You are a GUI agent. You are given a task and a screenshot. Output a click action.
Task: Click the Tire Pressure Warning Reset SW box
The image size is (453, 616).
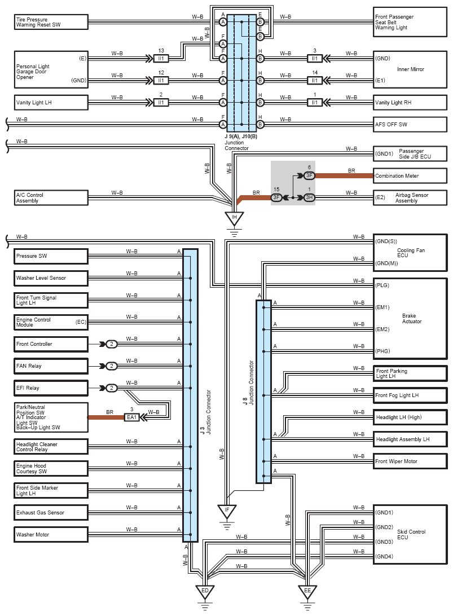click(51, 22)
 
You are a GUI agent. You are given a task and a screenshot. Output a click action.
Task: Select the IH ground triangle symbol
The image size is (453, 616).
click(234, 218)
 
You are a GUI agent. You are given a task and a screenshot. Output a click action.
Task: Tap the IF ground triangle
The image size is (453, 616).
click(227, 512)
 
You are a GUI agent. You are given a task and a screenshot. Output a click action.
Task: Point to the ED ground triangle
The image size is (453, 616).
click(205, 592)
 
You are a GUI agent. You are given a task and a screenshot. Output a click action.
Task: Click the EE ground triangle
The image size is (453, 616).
click(307, 592)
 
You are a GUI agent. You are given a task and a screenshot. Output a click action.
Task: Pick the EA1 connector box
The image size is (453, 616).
click(131, 417)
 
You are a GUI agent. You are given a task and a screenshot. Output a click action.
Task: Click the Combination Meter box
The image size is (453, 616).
click(410, 175)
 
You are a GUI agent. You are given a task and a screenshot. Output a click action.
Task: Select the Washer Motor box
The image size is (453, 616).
click(51, 535)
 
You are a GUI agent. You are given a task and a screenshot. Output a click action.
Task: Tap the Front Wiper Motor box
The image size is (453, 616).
click(410, 461)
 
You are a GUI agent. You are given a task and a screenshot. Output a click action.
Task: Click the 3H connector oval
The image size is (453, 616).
click(309, 197)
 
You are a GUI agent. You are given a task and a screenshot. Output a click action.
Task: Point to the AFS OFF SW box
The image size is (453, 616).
click(410, 125)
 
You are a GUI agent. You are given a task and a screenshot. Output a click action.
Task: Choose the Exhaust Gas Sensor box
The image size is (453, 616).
click(51, 513)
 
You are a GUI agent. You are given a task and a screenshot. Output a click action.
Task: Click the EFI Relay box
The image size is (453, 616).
click(51, 388)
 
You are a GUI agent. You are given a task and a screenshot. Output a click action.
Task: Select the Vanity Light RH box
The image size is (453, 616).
click(410, 103)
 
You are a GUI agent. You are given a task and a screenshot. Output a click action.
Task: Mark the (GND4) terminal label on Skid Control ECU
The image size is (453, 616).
click(384, 556)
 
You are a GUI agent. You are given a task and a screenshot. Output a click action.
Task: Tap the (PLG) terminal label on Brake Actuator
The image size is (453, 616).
click(382, 285)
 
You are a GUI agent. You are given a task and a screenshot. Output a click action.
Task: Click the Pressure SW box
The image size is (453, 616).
click(51, 256)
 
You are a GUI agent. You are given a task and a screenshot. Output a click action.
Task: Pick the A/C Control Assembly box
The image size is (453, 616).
click(51, 197)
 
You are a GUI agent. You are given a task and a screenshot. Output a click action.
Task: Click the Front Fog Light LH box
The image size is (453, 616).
click(410, 395)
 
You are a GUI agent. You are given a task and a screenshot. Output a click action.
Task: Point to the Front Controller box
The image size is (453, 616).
click(51, 344)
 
